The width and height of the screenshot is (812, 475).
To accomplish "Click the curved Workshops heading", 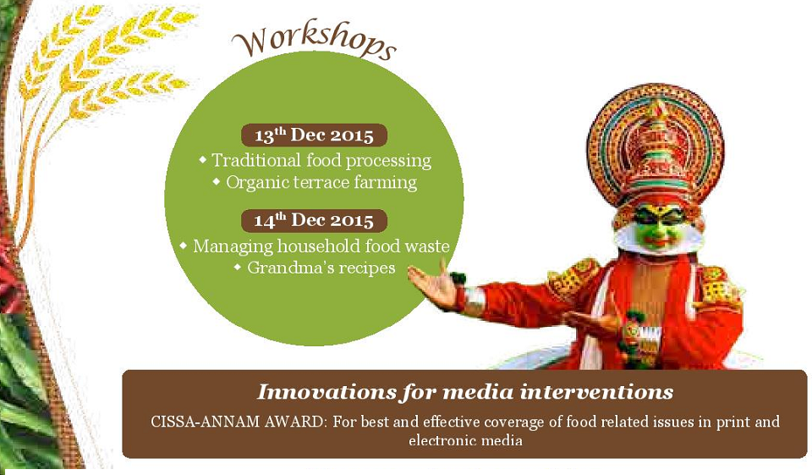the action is (x=314, y=41).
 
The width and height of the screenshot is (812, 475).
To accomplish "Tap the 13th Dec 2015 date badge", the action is (x=314, y=135).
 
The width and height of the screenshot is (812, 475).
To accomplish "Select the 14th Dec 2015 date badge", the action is (x=314, y=221).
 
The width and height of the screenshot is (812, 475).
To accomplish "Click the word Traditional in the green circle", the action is (x=255, y=160).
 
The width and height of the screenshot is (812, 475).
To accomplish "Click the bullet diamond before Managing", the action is (x=183, y=246).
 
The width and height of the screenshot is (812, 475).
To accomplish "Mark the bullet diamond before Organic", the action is (x=217, y=182).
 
